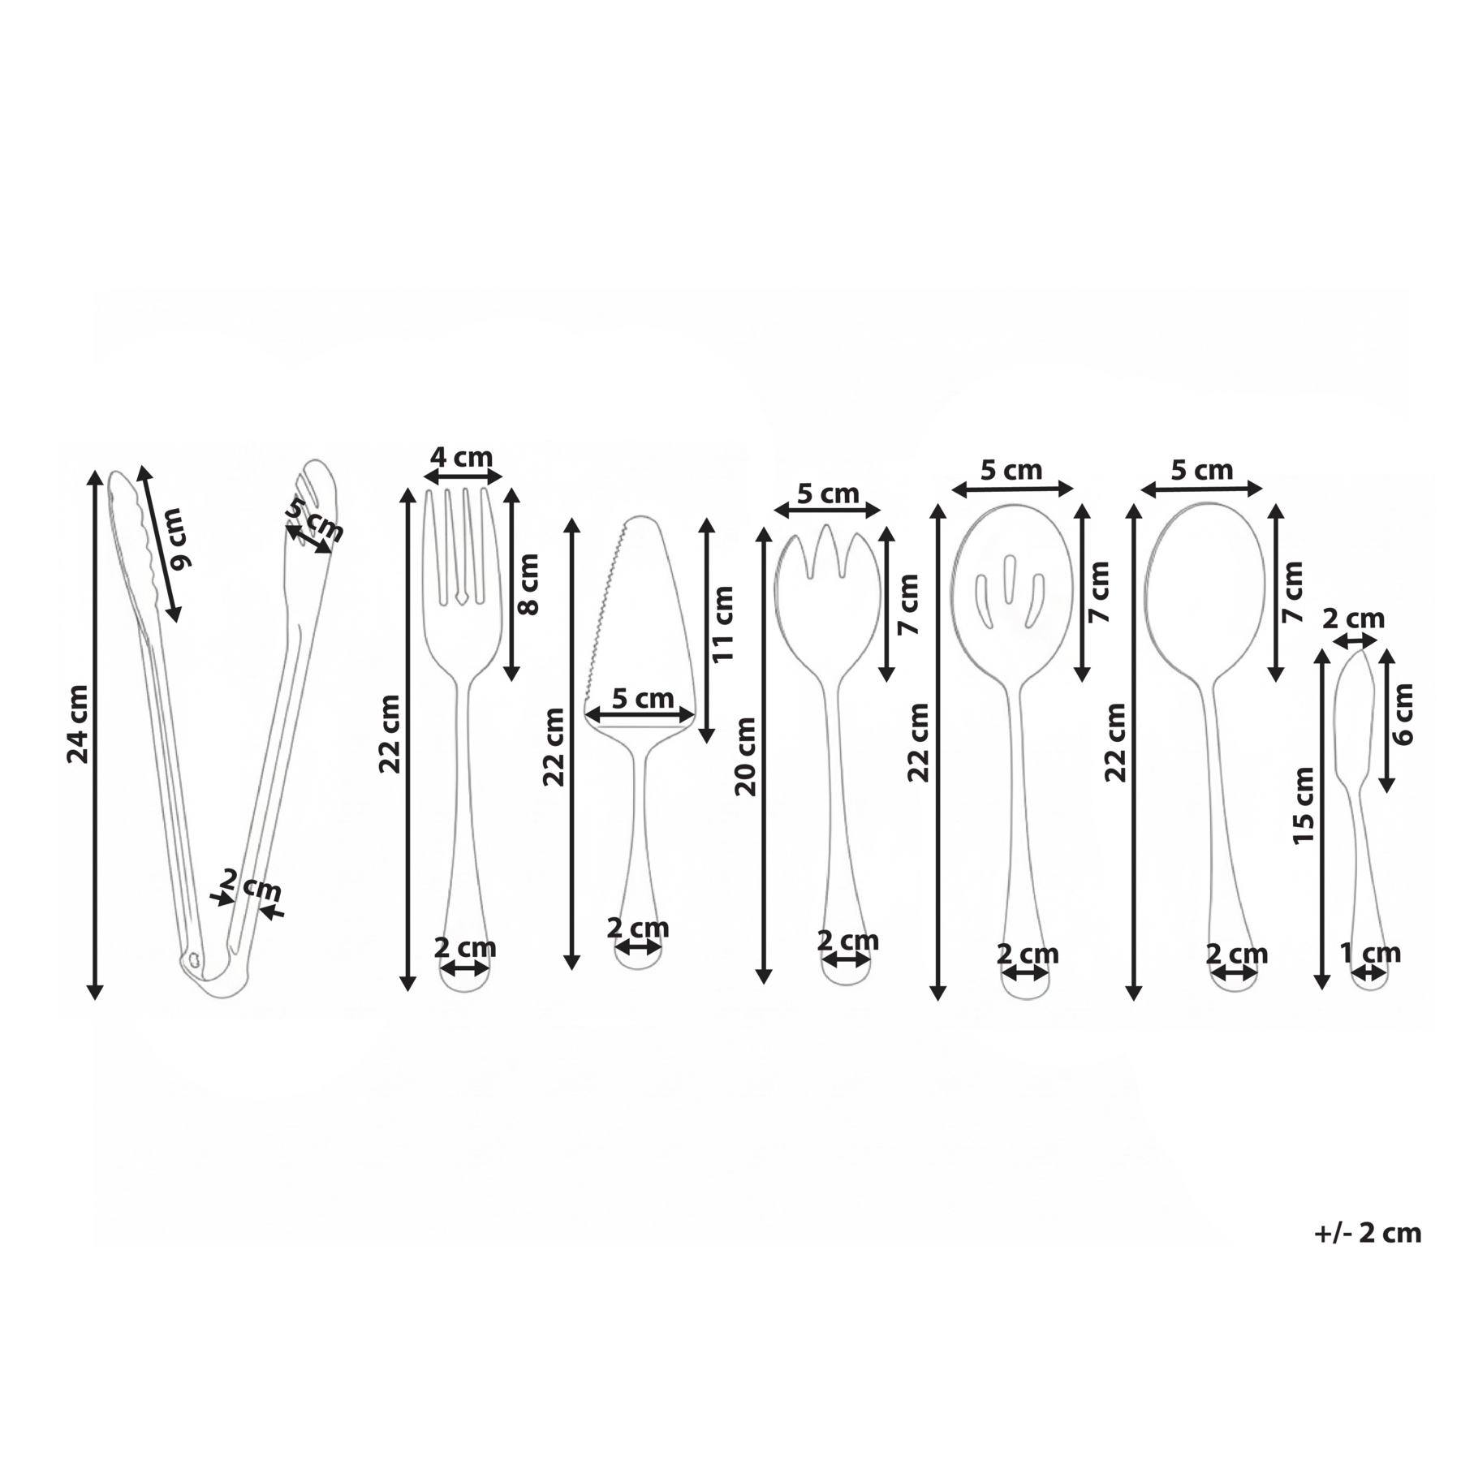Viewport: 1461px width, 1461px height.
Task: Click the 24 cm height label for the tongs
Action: point(78,724)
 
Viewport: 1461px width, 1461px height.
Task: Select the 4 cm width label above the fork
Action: point(461,457)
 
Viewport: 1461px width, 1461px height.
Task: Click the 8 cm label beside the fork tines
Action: point(528,584)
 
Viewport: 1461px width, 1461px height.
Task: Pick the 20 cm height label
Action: point(745,756)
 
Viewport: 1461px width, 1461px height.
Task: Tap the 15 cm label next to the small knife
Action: point(1303,805)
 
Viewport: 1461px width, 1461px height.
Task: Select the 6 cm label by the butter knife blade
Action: point(1403,714)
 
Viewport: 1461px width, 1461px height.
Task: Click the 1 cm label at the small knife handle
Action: point(1370,952)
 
